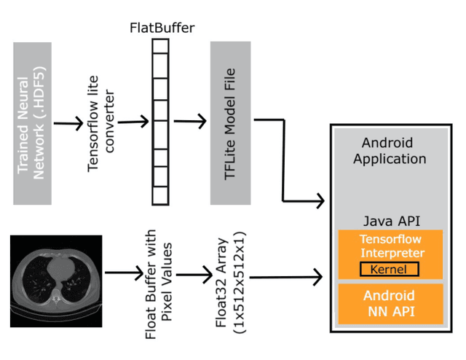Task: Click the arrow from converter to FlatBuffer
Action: pos(133,121)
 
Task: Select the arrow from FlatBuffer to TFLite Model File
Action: pos(187,121)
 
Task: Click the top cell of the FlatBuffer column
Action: pos(160,46)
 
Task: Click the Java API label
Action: pos(390,220)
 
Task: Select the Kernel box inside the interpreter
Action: pos(390,270)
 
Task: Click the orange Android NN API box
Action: pos(390,304)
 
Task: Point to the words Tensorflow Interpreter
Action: pos(390,246)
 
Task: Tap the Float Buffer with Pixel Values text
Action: pos(158,285)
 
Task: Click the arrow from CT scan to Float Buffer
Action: pos(123,275)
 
